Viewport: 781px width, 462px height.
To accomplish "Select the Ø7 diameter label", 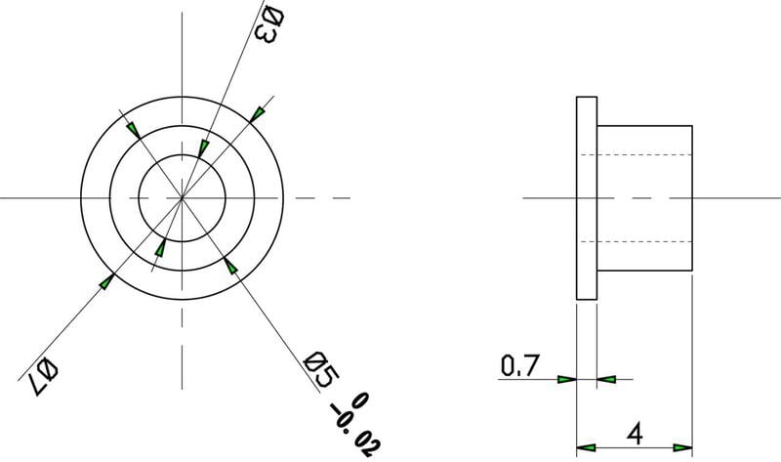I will click(x=41, y=372).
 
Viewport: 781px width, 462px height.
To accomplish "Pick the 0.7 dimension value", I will click(x=518, y=366).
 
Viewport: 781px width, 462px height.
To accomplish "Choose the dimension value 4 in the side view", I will click(x=635, y=431).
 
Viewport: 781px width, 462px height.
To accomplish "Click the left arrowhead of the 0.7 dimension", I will click(x=566, y=379).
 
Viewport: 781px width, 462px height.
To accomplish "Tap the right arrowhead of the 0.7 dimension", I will click(x=606, y=379).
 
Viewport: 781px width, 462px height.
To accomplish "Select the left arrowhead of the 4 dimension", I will click(x=587, y=447).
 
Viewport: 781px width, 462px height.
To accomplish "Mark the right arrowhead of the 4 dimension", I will click(x=682, y=447).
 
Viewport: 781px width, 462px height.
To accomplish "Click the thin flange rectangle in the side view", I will click(x=586, y=198).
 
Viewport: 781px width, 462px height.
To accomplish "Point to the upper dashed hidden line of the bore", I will click(x=644, y=155).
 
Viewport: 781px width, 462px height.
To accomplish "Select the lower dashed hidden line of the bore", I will click(x=644, y=241).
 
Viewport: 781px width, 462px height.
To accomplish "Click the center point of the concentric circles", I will click(x=182, y=198).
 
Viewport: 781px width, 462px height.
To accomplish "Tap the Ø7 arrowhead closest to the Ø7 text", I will click(x=106, y=281).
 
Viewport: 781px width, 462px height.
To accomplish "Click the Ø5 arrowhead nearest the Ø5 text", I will click(x=229, y=263).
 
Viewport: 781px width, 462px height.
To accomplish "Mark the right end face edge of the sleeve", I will click(x=692, y=198).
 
